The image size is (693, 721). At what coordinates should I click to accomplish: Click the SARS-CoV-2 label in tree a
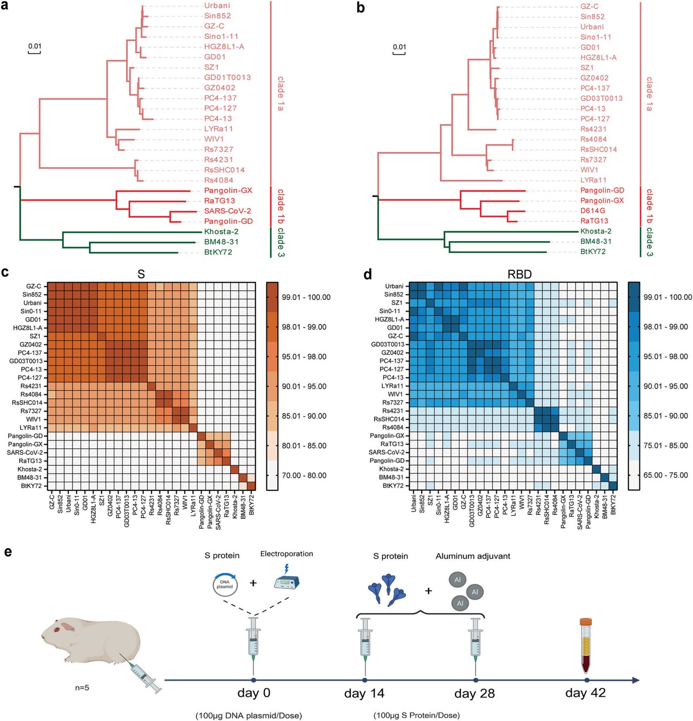228,211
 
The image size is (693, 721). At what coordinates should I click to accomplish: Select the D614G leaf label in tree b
592,211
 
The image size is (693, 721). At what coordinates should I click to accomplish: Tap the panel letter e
8,552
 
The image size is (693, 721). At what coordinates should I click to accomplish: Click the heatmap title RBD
519,274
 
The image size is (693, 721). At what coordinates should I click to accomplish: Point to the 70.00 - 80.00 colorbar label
305,476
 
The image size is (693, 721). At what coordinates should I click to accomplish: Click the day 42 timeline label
585,693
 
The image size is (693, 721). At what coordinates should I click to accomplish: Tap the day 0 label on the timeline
254,693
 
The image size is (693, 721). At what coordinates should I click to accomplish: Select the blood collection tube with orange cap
586,645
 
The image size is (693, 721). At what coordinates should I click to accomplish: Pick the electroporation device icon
287,581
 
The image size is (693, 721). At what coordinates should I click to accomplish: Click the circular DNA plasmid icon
225,584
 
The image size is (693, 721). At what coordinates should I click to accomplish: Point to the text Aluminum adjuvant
473,556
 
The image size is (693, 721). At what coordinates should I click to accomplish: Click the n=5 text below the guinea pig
82,688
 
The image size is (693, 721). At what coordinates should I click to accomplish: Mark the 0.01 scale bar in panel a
34,48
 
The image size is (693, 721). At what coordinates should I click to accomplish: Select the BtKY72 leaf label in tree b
592,252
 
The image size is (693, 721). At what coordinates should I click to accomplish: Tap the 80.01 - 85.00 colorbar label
305,446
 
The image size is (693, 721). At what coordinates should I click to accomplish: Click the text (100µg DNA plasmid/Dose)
248,716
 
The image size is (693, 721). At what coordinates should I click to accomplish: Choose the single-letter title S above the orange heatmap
141,274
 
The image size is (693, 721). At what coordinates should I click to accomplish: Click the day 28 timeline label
474,694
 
